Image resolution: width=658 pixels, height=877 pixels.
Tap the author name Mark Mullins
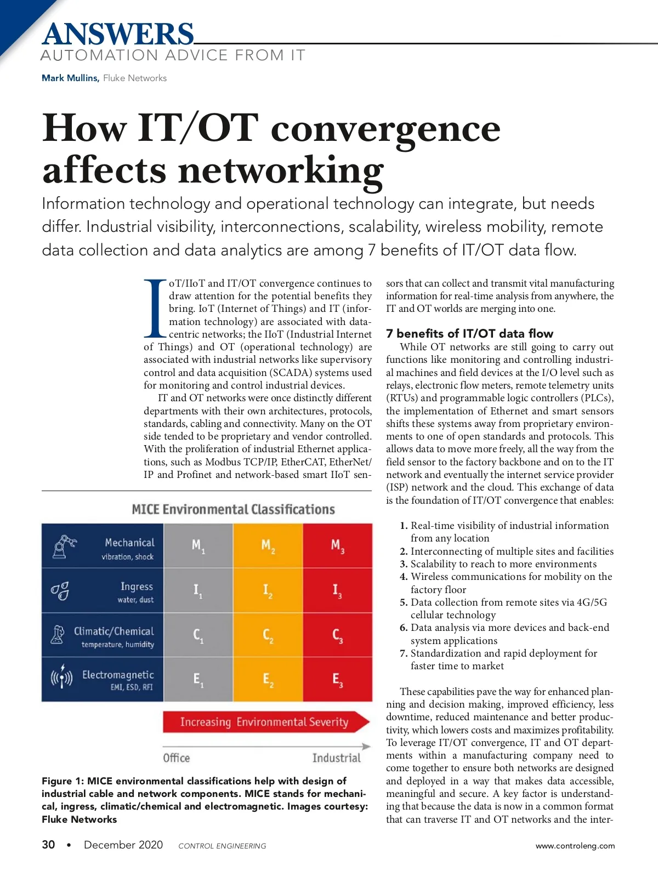pyautogui.click(x=70, y=78)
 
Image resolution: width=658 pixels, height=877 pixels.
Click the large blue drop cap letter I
pyautogui.click(x=155, y=309)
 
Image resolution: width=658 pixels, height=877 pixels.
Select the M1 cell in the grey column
pyautogui.click(x=198, y=545)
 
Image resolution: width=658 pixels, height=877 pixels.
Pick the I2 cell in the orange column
pyautogui.click(x=268, y=590)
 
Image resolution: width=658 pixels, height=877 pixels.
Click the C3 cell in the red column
pyautogui.click(x=337, y=635)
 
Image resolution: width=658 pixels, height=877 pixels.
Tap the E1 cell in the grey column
pyautogui.click(x=198, y=680)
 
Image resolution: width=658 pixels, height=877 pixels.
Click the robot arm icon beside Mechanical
pyautogui.click(x=64, y=547)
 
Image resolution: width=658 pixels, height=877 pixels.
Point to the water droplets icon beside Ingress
pyautogui.click(x=60, y=591)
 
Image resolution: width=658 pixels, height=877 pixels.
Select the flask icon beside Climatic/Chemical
pyautogui.click(x=58, y=635)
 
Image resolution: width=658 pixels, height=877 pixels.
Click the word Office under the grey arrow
pyautogui.click(x=177, y=758)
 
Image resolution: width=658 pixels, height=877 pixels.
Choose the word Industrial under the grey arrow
pyautogui.click(x=337, y=758)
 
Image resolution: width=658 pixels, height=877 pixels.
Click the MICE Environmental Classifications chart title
pyautogui.click(x=233, y=509)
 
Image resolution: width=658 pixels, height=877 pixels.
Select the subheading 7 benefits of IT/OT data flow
pyautogui.click(x=469, y=333)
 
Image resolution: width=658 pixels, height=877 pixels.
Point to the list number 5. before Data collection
pyautogui.click(x=404, y=602)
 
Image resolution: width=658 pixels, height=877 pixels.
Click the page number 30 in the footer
pyautogui.click(x=48, y=845)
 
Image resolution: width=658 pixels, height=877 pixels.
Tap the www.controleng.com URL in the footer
pyautogui.click(x=575, y=846)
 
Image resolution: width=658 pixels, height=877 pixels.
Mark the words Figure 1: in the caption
pyautogui.click(x=63, y=781)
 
